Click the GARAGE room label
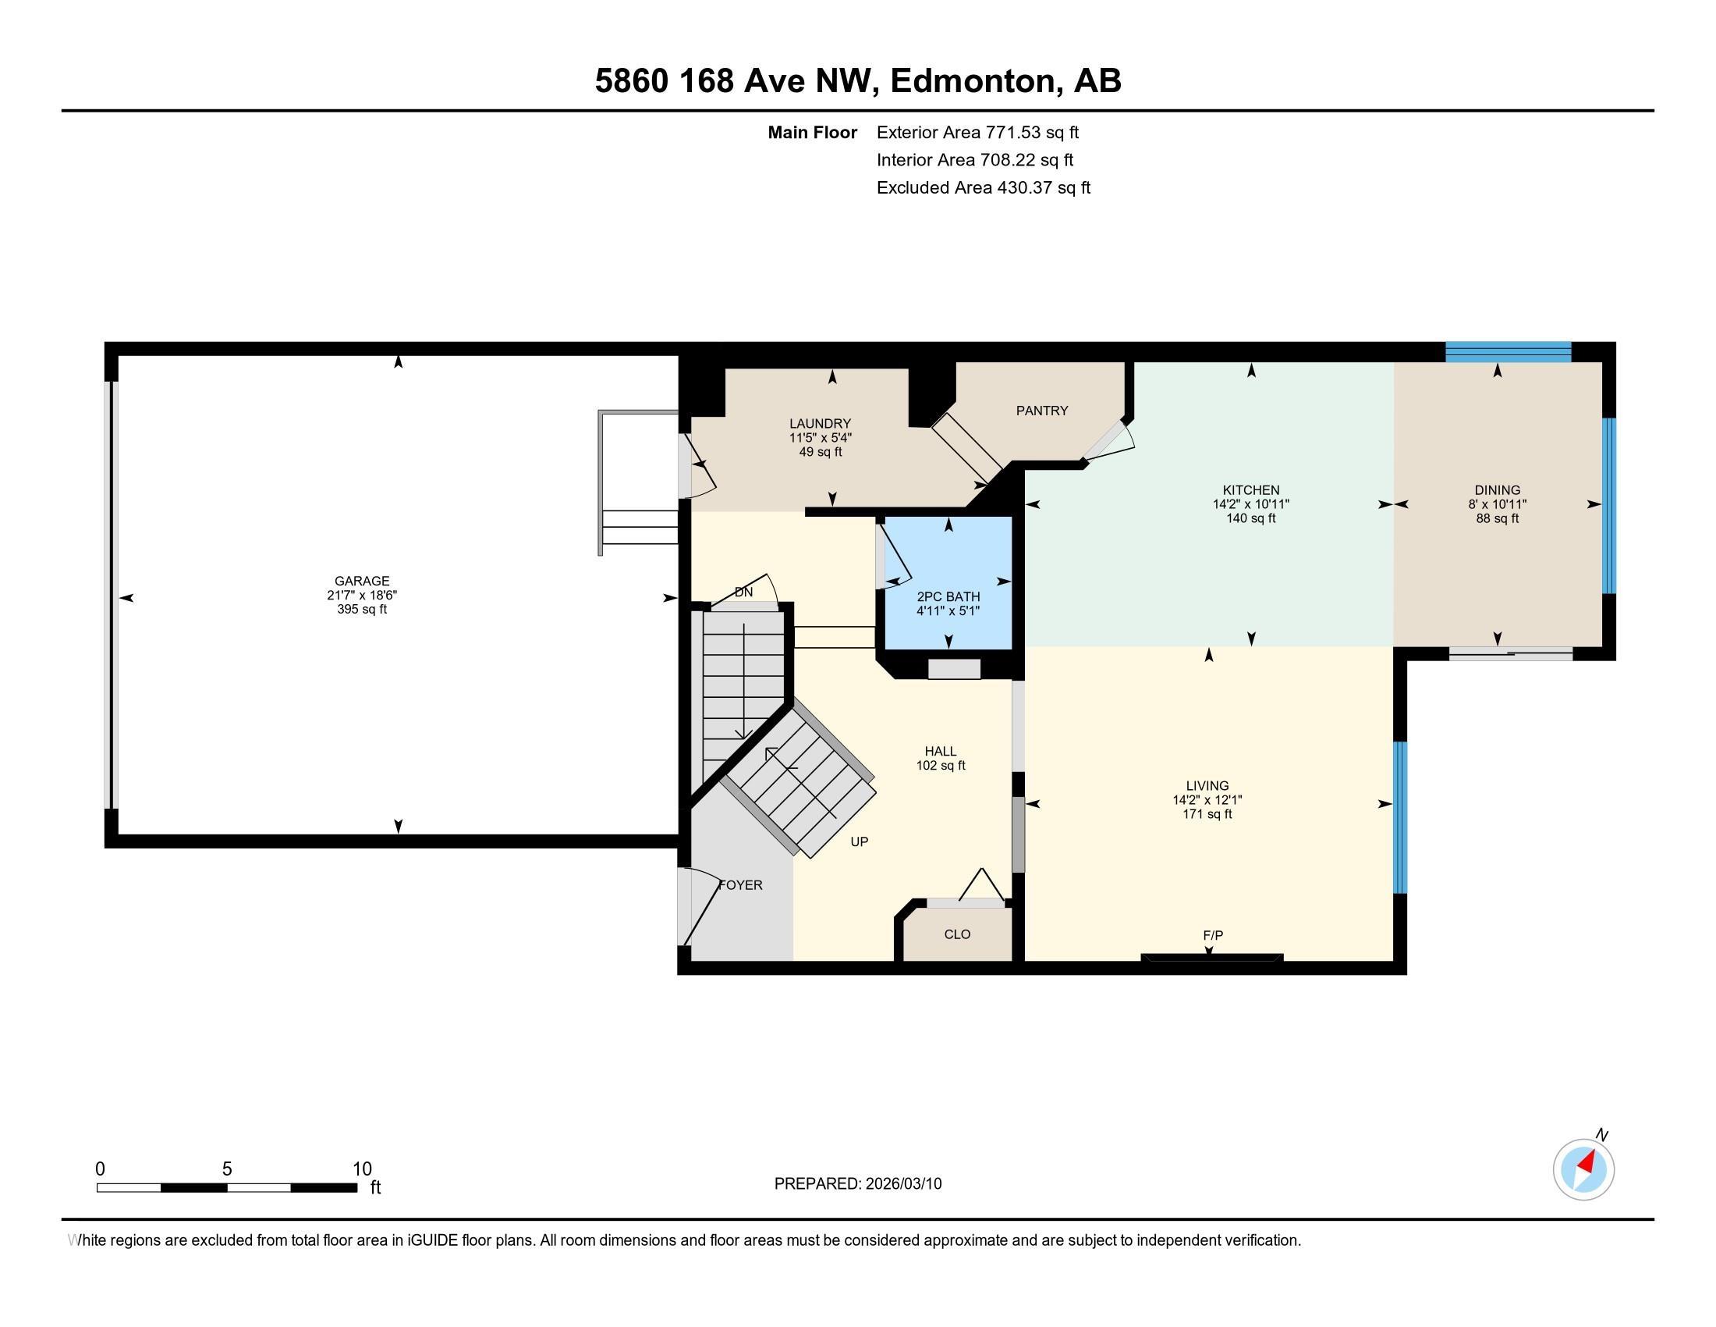click(x=361, y=581)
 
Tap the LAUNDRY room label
click(x=821, y=424)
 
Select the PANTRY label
click(x=1042, y=411)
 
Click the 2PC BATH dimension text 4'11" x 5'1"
click(x=948, y=611)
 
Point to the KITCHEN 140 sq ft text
click(x=1251, y=519)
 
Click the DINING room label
click(x=1497, y=489)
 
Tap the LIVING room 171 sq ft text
click(x=1207, y=813)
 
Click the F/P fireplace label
click(x=1212, y=935)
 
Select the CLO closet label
click(x=957, y=934)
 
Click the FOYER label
click(x=741, y=885)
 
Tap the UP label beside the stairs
click(x=859, y=841)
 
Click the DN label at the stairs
click(x=743, y=592)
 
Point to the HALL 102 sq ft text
click(x=941, y=766)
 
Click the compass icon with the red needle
click(x=1583, y=1169)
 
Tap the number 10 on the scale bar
click(x=361, y=1169)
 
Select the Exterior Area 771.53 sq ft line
click(x=977, y=133)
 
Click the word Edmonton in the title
click(x=973, y=81)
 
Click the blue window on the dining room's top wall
click(x=1508, y=352)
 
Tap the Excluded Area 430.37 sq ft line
click(x=983, y=188)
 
